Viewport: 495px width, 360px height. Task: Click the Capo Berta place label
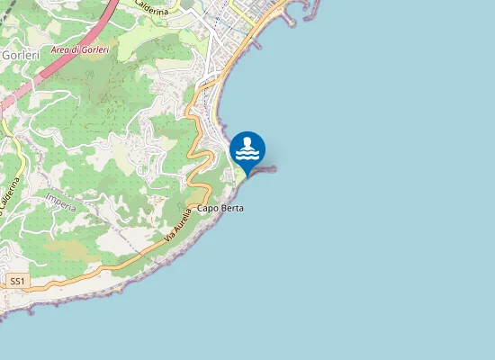pyautogui.click(x=220, y=209)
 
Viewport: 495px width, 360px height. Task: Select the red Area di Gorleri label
pyautogui.click(x=79, y=50)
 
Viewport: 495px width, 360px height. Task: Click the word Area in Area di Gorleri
pyautogui.click(x=61, y=50)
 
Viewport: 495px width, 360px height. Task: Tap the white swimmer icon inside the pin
pyautogui.click(x=247, y=148)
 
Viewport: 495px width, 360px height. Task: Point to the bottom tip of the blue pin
pyautogui.click(x=247, y=176)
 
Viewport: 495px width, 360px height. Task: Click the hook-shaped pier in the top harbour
pyautogui.click(x=289, y=13)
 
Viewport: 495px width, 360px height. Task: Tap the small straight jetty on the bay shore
pyautogui.click(x=256, y=42)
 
